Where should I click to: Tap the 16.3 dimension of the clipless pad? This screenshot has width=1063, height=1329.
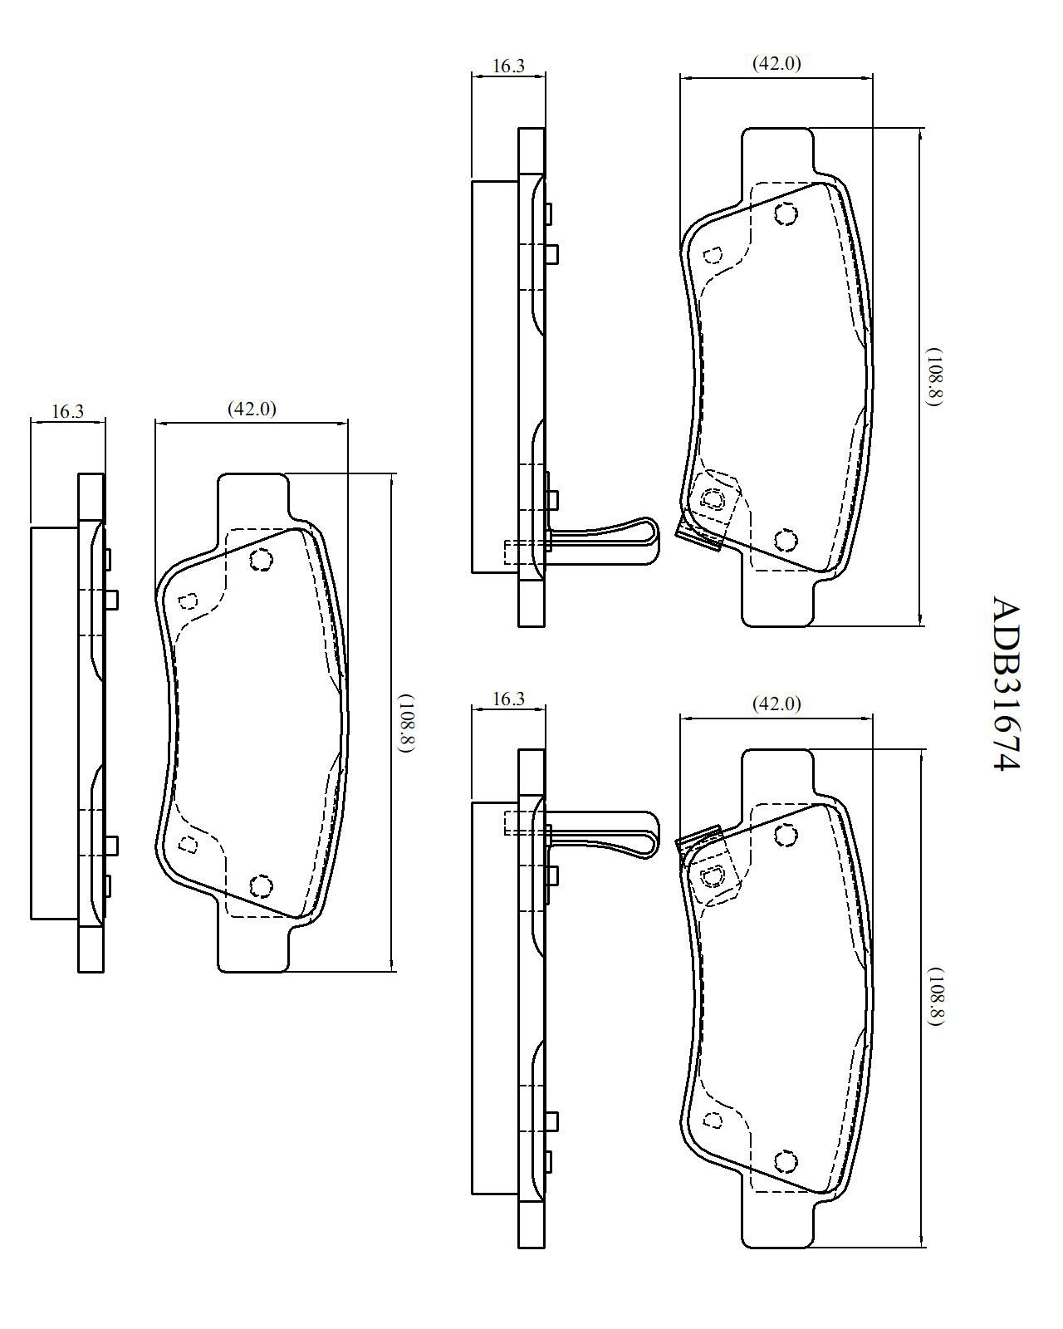click(67, 411)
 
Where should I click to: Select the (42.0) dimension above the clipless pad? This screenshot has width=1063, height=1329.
click(252, 408)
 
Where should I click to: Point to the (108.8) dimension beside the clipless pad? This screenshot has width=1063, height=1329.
click(406, 723)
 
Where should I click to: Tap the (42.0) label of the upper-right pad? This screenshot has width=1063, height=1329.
click(776, 63)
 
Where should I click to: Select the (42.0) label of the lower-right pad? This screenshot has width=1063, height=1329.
click(776, 704)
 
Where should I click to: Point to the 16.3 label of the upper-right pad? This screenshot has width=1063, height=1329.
click(508, 66)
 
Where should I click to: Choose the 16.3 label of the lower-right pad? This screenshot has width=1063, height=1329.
click(508, 699)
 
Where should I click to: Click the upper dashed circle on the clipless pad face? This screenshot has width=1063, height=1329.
click(261, 560)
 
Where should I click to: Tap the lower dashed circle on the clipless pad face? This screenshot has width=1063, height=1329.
click(261, 885)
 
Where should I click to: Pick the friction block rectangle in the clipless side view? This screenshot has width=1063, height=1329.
click(54, 723)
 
